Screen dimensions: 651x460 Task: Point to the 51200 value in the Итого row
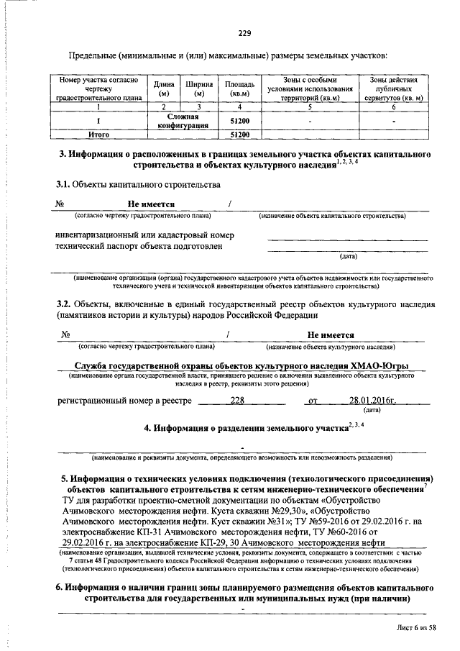tap(239, 134)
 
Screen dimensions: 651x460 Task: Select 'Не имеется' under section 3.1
tap(151, 204)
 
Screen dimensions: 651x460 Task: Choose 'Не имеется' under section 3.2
tap(331, 334)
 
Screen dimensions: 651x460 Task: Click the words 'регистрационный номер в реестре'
tap(125, 401)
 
